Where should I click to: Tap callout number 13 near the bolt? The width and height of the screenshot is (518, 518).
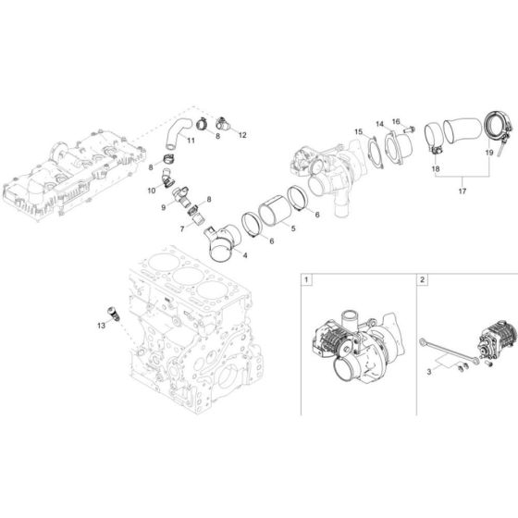click(x=102, y=326)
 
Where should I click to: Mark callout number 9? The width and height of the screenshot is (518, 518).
click(x=165, y=208)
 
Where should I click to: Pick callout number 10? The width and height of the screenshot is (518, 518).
click(x=151, y=190)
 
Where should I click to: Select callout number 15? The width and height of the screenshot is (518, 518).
click(x=357, y=132)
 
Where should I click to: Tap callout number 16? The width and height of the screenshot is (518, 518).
click(x=396, y=121)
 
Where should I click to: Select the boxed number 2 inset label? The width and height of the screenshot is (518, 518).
click(x=423, y=278)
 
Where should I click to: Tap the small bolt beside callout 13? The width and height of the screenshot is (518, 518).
click(x=114, y=312)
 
